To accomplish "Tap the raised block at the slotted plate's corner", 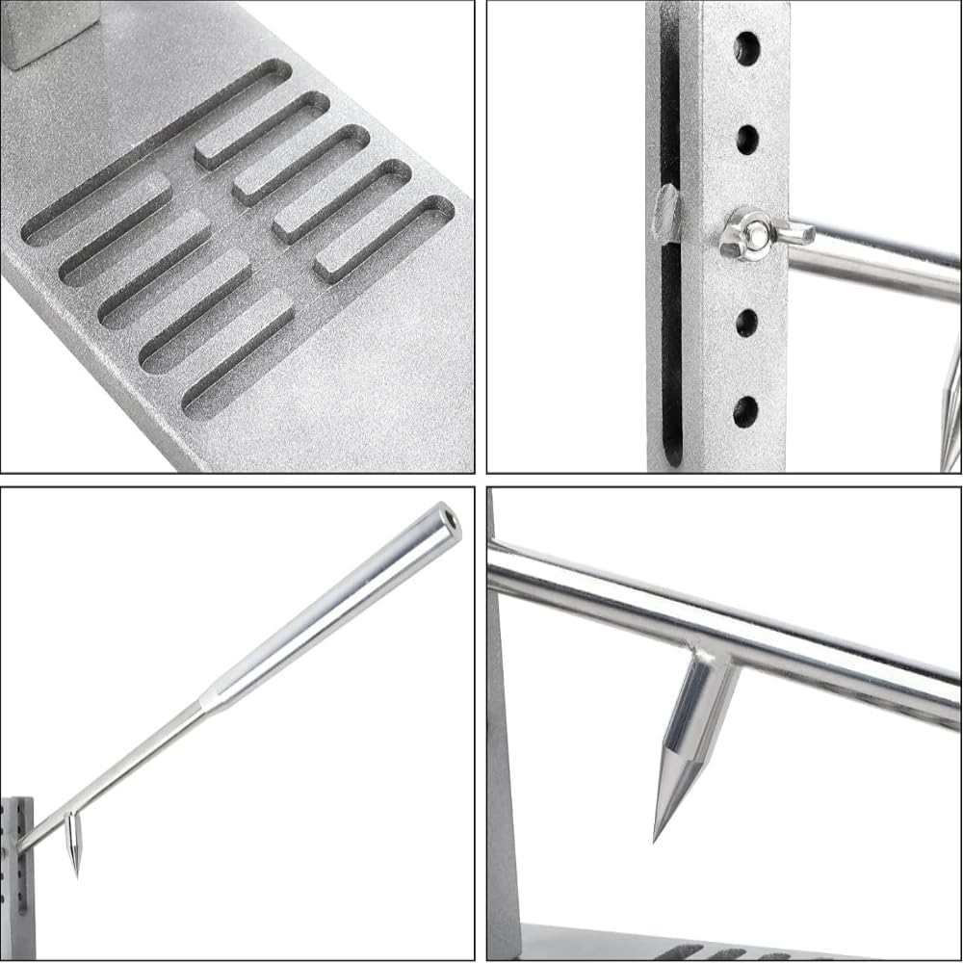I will pos(48,29).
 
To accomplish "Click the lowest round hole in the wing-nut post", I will pos(745,412).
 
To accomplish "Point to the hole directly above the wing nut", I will pos(747,141).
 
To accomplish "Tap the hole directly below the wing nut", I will pos(746,323).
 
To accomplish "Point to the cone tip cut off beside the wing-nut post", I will pos(951,404).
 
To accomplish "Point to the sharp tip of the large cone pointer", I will pos(659,836).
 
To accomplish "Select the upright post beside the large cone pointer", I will pos(503,770).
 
